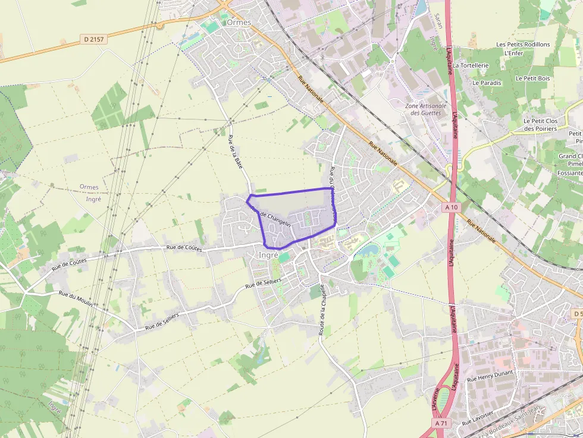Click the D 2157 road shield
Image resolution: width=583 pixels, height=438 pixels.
(x=93, y=39)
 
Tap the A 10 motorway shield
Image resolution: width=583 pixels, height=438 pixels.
(x=451, y=207)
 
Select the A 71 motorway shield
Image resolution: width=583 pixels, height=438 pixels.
(x=440, y=423)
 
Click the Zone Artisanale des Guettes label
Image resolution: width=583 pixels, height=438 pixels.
(x=426, y=109)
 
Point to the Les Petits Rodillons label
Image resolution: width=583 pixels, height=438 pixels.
(x=523, y=45)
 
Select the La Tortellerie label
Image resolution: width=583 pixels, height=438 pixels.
(x=471, y=65)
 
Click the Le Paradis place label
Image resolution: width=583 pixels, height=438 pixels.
(x=487, y=83)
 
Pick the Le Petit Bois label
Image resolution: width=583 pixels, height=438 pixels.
(x=532, y=78)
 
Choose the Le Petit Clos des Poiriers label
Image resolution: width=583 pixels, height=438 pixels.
(x=540, y=124)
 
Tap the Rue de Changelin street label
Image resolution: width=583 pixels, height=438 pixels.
(x=271, y=216)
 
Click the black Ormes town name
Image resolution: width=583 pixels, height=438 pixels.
(x=239, y=23)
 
